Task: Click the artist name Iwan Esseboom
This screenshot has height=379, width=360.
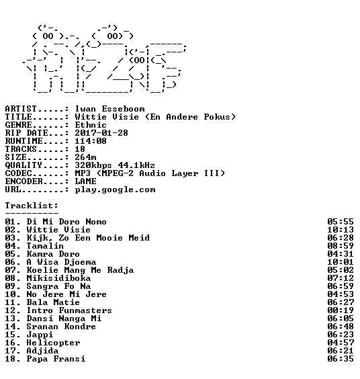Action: (x=109, y=109)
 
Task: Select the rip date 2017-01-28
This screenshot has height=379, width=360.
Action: (x=101, y=133)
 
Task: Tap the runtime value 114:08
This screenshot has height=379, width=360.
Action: (x=91, y=141)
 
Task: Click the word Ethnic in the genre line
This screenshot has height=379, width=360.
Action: (x=91, y=125)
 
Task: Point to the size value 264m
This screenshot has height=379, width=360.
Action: (x=85, y=157)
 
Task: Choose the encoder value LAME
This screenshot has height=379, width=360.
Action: (x=85, y=181)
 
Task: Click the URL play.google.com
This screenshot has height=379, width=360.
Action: (x=115, y=189)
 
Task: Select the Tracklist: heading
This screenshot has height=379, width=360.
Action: (x=32, y=206)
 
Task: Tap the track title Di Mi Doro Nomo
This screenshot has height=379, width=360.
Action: (x=66, y=222)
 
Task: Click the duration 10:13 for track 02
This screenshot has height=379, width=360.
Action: (x=341, y=230)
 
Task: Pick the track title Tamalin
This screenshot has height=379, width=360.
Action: (x=45, y=246)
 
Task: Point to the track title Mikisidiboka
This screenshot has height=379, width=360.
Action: (x=58, y=278)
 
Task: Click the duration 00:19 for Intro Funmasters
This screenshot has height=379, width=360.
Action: (x=341, y=310)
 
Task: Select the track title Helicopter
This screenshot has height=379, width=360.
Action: (x=53, y=343)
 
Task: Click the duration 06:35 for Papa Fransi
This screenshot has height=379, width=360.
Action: (x=341, y=359)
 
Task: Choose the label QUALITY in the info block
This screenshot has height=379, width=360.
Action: (x=24, y=165)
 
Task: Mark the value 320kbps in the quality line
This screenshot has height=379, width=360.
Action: (x=93, y=165)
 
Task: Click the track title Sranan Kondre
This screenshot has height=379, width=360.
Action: (x=61, y=327)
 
